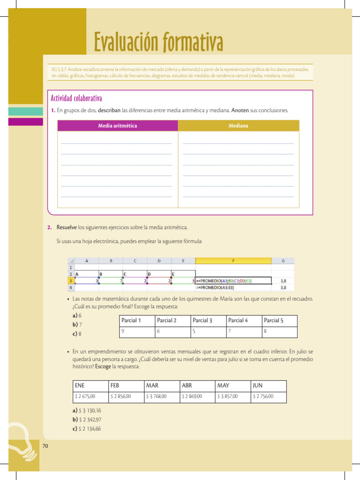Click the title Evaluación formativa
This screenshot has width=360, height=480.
158,43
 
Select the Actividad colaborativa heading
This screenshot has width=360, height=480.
76,98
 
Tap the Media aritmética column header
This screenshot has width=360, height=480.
118,126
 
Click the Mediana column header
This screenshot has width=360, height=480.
238,126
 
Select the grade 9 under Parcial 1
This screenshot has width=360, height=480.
123,331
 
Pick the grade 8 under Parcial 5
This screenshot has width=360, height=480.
265,331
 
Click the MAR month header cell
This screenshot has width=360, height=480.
152,385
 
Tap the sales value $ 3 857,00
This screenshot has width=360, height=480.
228,397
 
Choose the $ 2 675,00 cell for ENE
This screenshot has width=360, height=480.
85,397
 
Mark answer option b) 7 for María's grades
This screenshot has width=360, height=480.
77,324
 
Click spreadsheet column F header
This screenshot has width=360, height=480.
233,261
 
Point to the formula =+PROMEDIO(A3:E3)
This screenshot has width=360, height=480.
215,288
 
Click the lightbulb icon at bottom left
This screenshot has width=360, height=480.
21,441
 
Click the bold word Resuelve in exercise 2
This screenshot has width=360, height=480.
67,227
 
